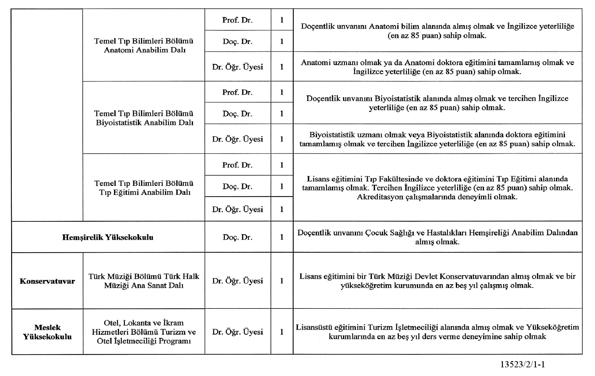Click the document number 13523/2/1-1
point(522,365)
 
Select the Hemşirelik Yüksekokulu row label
point(108,238)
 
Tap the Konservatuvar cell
point(47,281)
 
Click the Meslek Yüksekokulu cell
point(47,332)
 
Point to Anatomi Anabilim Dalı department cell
point(144,46)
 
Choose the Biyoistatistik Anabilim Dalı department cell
point(144,118)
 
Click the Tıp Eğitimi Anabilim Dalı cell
point(144,188)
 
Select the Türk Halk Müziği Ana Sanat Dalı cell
point(144,281)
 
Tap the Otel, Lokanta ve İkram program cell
point(144,332)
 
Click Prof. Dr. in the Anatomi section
point(237,20)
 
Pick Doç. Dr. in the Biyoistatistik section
point(237,114)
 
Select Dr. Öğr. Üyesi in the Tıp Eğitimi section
point(237,209)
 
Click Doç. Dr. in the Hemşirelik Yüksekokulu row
point(237,237)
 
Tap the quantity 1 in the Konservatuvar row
point(282,281)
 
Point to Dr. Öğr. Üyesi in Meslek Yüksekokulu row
point(237,332)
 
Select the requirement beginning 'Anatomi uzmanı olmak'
point(437,67)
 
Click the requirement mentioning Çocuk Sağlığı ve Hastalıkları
point(437,237)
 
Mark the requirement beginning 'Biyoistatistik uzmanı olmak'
point(437,139)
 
